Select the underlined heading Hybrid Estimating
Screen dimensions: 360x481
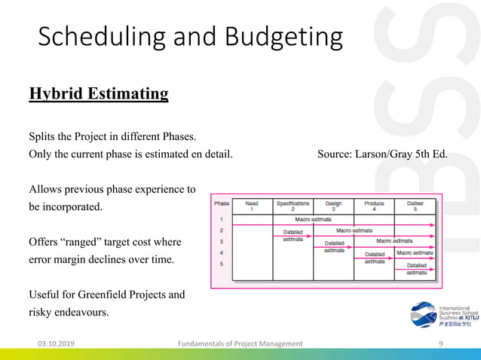pos(98,94)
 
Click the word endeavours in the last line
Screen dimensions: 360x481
pos(86,313)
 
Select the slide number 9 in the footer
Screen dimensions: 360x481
pos(440,343)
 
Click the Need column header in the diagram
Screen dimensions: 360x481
pos(252,206)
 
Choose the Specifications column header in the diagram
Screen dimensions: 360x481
pos(293,206)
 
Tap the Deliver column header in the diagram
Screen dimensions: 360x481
pos(415,206)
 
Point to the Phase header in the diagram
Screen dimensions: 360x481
pos(222,203)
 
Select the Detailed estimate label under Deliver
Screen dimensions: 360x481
pos(416,269)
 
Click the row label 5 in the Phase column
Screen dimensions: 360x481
pos(221,264)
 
